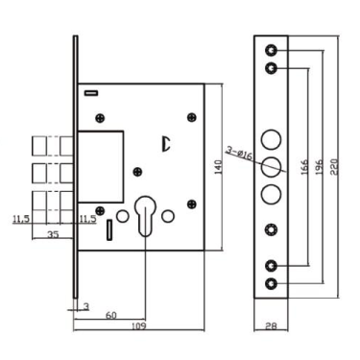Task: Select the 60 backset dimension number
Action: point(112,313)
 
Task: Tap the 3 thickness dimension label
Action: point(85,305)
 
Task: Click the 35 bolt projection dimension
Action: point(53,232)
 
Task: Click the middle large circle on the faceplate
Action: point(271,164)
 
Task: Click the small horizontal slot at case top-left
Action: point(91,93)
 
